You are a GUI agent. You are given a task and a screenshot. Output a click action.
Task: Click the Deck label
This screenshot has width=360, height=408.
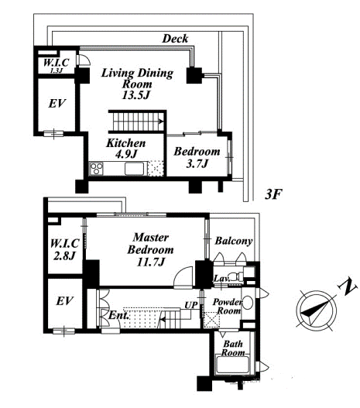click(175, 39)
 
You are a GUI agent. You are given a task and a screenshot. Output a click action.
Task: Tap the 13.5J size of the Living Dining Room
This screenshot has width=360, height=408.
click(136, 95)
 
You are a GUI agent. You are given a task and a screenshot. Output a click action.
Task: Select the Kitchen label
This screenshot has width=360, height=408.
click(126, 143)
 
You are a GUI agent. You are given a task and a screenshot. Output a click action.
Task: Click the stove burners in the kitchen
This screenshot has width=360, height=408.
click(97, 168)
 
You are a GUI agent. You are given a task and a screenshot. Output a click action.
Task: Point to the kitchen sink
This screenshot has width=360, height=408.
click(134, 169)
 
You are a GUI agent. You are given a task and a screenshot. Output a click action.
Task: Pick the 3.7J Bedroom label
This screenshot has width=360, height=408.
click(197, 157)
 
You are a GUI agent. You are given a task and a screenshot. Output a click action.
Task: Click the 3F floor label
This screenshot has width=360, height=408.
click(273, 194)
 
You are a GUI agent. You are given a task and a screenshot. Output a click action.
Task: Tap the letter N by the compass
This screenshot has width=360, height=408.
click(347, 286)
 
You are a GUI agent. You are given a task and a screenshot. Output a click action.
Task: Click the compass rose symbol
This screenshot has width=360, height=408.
click(317, 311)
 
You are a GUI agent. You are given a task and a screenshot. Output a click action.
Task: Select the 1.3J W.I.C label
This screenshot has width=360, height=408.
click(56, 65)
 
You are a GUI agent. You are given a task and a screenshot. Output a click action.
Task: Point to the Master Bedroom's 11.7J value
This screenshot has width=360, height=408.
click(151, 262)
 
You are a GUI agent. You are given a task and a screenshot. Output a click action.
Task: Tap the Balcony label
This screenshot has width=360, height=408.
click(234, 241)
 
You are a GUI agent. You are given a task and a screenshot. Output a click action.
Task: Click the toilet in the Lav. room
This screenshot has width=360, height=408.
click(236, 276)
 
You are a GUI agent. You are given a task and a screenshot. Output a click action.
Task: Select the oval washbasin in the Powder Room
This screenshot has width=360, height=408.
click(248, 303)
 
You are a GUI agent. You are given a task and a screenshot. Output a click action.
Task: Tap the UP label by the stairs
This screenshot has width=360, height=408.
click(191, 305)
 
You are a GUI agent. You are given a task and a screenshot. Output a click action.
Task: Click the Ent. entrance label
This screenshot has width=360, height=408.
click(118, 316)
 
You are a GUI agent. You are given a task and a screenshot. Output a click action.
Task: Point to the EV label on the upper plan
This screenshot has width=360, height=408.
click(57, 104)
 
